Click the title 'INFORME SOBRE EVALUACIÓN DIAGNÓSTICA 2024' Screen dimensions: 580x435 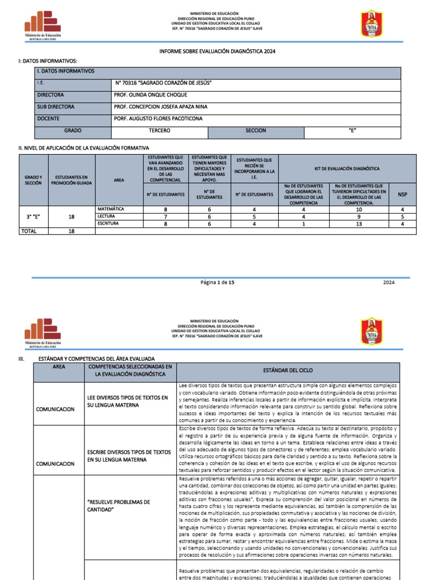[x=217, y=52]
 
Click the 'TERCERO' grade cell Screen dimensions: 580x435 [x=159, y=131]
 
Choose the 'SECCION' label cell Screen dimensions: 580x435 [x=255, y=131]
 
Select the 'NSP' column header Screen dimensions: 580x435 [x=402, y=194]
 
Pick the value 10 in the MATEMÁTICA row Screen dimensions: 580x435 [x=359, y=210]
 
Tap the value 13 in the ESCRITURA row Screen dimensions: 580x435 [x=359, y=224]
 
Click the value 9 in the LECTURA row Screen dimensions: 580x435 [x=359, y=217]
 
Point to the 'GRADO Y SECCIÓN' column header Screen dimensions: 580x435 [x=33, y=180]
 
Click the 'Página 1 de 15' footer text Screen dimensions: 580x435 [x=217, y=282]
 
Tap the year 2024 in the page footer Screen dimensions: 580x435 [x=389, y=282]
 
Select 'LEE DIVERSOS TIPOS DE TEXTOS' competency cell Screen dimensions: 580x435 [x=127, y=402]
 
